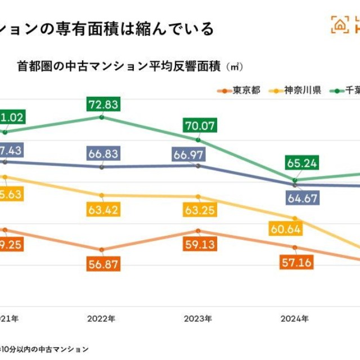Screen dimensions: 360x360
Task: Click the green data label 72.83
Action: click(101, 105)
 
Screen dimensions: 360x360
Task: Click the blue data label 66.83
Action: click(101, 154)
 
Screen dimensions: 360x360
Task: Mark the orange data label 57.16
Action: click(296, 262)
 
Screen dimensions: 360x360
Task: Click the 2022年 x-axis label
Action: click(101, 318)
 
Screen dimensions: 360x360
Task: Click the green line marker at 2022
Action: click(101, 117)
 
